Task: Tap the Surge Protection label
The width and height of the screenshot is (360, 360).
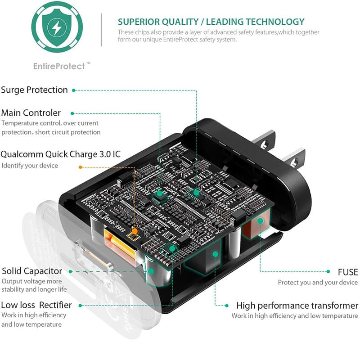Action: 34,90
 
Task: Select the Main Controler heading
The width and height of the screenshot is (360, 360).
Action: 31,112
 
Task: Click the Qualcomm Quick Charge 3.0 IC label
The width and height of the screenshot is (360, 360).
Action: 60,154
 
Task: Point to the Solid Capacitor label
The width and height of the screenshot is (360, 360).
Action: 32,271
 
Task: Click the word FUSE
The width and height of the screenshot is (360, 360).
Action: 348,272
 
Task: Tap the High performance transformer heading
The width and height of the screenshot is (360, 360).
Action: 297,306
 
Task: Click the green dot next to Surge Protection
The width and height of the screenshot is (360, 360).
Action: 74,90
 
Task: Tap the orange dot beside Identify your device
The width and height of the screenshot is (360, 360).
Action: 81,167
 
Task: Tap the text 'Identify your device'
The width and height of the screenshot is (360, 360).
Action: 30,166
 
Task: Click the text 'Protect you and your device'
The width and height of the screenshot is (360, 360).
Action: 318,283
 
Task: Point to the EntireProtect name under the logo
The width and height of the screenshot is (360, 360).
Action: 59,66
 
